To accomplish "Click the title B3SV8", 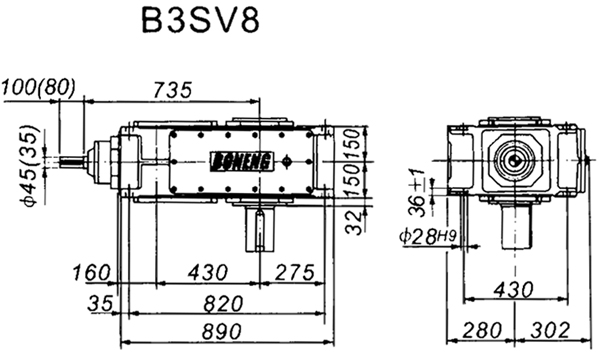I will [x=197, y=23].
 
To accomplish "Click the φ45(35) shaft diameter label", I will [x=29, y=159].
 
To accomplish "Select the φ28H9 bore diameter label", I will [x=427, y=236].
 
